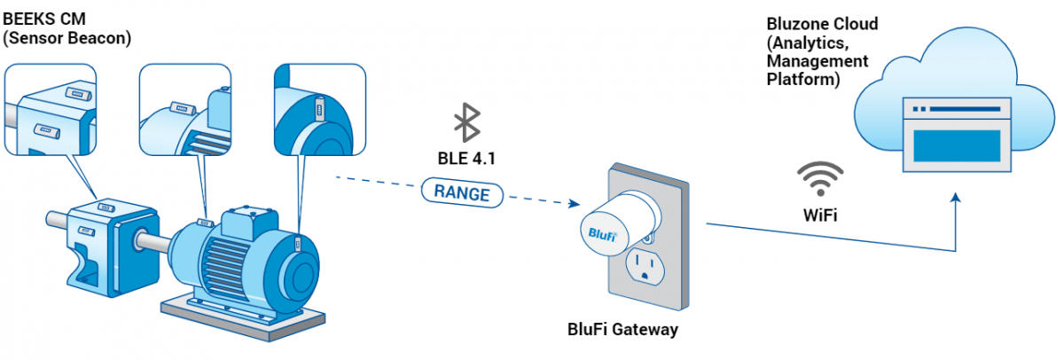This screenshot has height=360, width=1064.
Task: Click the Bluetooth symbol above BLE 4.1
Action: (466, 122)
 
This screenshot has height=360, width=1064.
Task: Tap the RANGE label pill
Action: (462, 192)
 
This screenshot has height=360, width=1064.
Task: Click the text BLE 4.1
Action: (466, 160)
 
